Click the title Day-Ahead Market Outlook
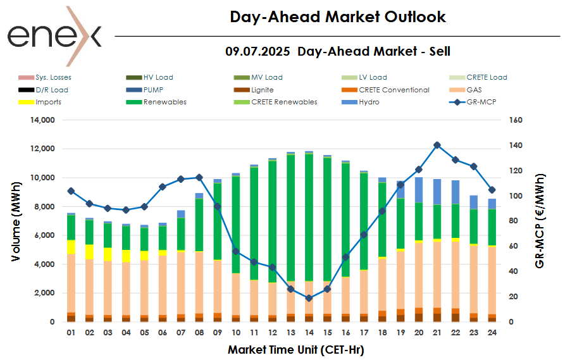(337, 17)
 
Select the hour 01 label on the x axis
(71, 332)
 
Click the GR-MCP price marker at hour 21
(437, 145)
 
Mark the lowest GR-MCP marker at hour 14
(309, 298)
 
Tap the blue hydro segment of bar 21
(437, 192)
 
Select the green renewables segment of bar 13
(290, 215)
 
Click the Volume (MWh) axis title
(15, 221)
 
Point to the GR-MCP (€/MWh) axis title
(540, 221)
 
